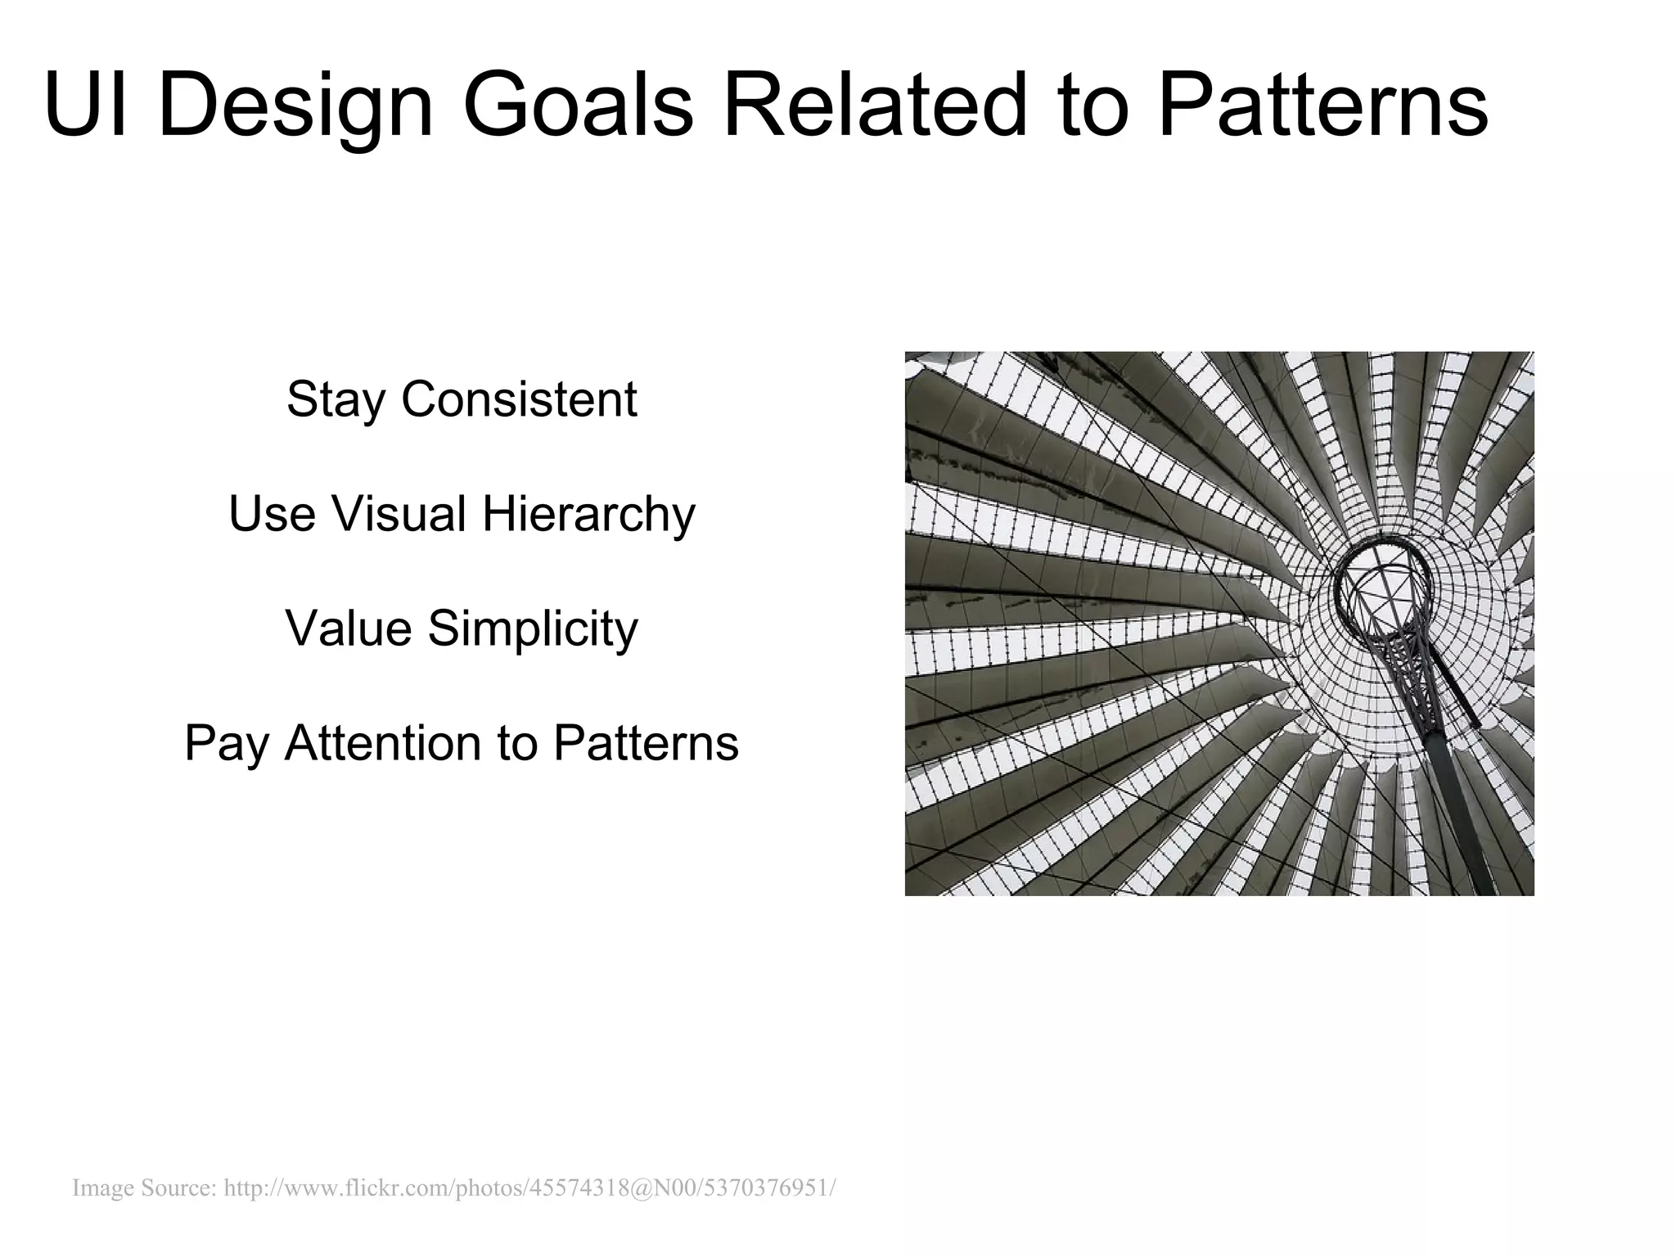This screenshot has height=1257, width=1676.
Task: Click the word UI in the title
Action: (x=85, y=106)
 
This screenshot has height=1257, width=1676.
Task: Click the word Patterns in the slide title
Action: (x=1322, y=106)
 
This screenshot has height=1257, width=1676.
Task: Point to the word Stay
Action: (x=335, y=401)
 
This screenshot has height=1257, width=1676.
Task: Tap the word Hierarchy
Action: (x=588, y=516)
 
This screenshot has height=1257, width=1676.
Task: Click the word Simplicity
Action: (x=532, y=630)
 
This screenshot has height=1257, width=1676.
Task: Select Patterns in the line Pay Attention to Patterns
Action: (x=646, y=743)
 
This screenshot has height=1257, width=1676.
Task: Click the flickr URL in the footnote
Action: (x=529, y=1187)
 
